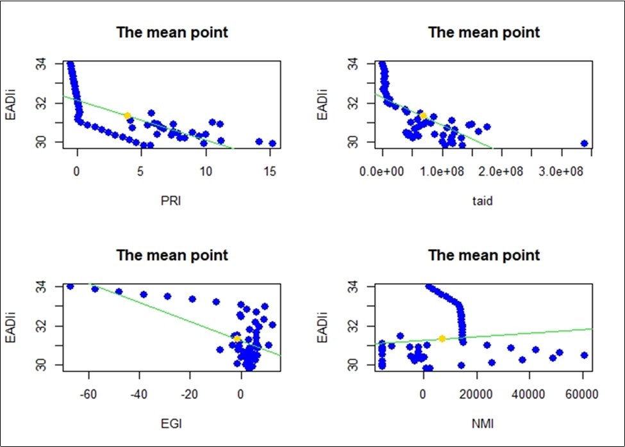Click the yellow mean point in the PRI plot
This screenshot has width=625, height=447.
pos(127,116)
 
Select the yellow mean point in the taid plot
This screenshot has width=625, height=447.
pos(422,116)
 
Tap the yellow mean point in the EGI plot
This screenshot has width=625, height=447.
pos(237,339)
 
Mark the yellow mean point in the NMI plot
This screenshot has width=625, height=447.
pos(442,338)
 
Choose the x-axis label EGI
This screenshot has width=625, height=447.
pos(171,423)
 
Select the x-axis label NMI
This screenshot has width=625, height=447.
pos(484,423)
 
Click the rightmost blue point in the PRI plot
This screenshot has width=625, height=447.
pos(272,143)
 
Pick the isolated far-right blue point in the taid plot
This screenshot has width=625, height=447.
pos(584,143)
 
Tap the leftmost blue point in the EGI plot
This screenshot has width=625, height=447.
pos(71,286)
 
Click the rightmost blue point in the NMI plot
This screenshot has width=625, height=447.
pos(584,355)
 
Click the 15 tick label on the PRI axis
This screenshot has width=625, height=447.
pos(270,173)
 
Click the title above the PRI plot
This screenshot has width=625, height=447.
pos(171,33)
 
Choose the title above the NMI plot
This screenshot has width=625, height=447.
pos(484,255)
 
